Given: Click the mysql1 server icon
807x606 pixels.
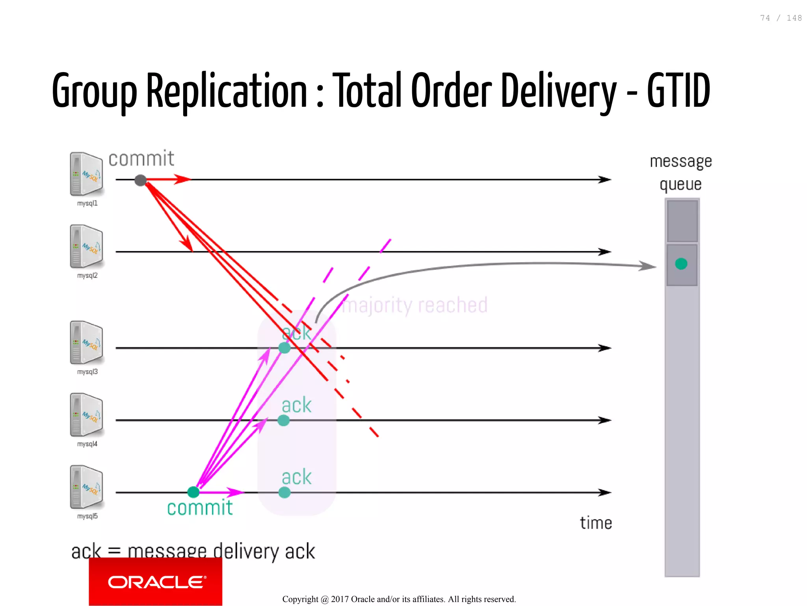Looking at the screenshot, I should (x=86, y=174).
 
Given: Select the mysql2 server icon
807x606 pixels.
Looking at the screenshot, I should (x=86, y=246).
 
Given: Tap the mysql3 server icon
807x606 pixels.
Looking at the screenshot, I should (x=86, y=342).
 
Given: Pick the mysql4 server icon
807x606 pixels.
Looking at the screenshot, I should (x=86, y=415).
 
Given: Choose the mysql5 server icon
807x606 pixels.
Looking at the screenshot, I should (x=86, y=487).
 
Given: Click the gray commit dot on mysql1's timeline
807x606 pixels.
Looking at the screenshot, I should (x=140, y=180).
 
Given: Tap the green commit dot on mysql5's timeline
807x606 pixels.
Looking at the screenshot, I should (x=193, y=492).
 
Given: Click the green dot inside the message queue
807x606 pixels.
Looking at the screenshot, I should (x=681, y=264).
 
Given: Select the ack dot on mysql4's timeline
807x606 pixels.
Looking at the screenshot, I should (x=283, y=420).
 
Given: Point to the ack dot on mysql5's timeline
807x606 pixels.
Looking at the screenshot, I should (x=284, y=492).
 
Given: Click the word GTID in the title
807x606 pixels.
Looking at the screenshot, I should (x=678, y=91).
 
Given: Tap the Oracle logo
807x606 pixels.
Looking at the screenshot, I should (x=156, y=582).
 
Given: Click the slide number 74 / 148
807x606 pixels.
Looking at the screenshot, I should (x=781, y=18).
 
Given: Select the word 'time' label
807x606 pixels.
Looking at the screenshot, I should (x=595, y=523).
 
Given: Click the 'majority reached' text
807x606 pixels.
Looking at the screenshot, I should (x=415, y=305).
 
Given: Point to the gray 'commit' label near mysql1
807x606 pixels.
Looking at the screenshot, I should (x=141, y=158).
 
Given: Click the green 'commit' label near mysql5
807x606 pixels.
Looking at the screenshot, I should (x=200, y=508).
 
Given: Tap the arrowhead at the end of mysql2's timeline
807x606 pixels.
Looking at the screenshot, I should (x=605, y=252).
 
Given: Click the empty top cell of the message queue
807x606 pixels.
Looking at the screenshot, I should (x=682, y=221).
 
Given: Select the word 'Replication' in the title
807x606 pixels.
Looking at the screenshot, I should (x=227, y=91).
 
